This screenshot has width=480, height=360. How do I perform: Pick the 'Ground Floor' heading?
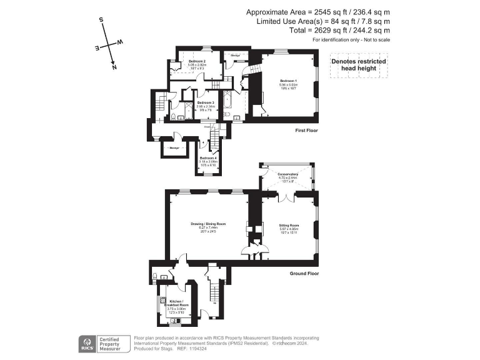pyautogui.click(x=304, y=273)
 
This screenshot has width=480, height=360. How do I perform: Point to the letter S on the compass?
pyautogui.click(x=101, y=21)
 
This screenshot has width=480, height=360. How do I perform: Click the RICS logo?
pyautogui.click(x=88, y=344)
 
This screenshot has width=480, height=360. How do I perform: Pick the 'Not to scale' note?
pyautogui.click(x=376, y=40)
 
